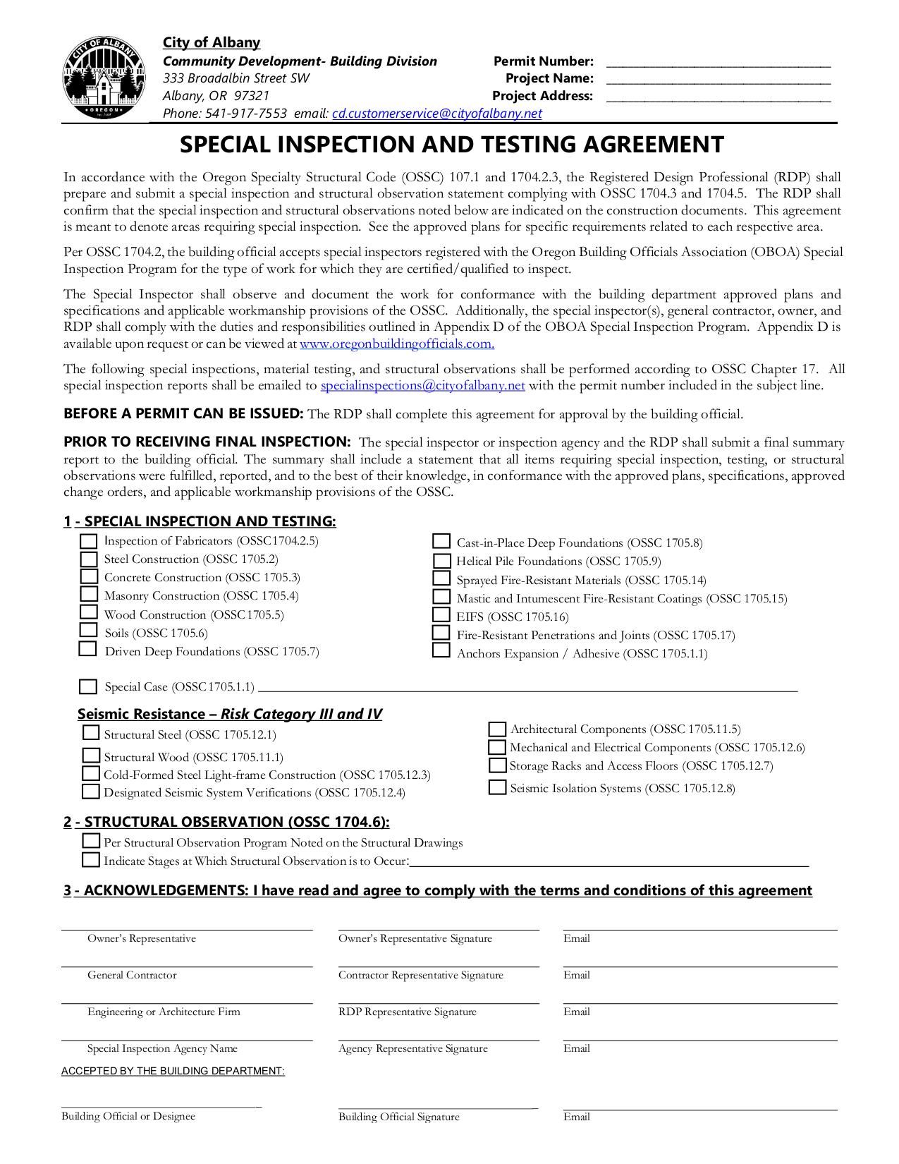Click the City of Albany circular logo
(x=104, y=79)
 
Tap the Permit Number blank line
(x=718, y=63)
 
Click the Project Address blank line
(x=718, y=98)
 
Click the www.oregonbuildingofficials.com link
(x=396, y=344)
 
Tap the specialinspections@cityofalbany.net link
(x=422, y=386)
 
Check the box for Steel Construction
(x=89, y=559)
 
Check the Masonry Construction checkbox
(x=89, y=595)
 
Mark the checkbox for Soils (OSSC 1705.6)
(x=89, y=631)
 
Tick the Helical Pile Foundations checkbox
(x=442, y=562)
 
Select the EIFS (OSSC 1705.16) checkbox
(x=441, y=616)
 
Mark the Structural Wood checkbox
(x=91, y=756)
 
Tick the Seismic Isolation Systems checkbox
(x=498, y=788)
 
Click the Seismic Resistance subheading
(x=229, y=714)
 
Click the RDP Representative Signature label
(x=408, y=1012)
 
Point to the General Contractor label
(x=132, y=975)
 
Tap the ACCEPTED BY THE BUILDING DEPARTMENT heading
(x=173, y=1071)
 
